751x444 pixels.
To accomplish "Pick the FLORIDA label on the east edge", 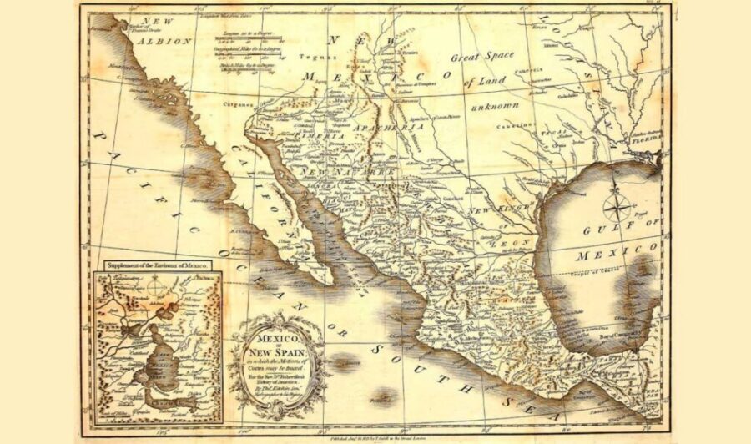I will (648, 142).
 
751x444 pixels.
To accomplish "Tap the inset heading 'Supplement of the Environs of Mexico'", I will (157, 265).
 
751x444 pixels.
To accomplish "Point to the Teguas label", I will (324, 58).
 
